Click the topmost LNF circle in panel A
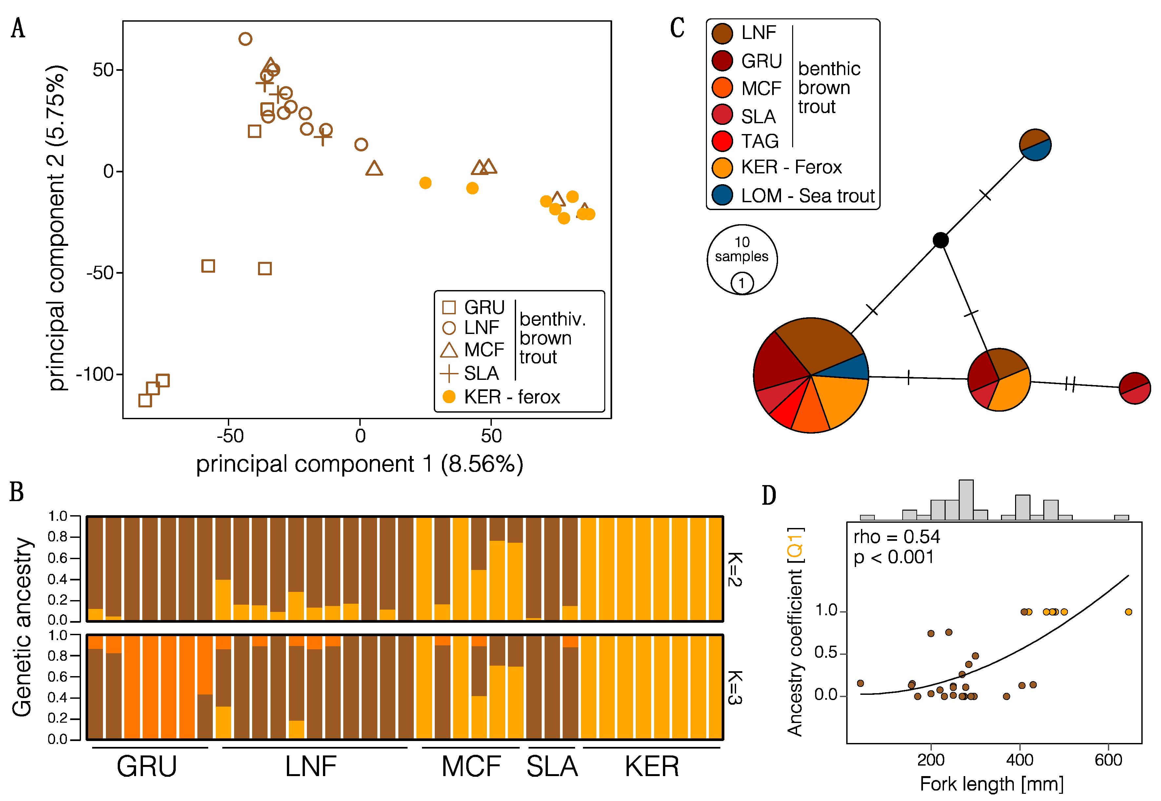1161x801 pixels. pyautogui.click(x=245, y=39)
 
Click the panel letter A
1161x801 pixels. pyautogui.click(x=18, y=28)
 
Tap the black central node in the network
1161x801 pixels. pyautogui.click(x=940, y=241)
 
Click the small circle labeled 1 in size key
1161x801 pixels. pyautogui.click(x=741, y=283)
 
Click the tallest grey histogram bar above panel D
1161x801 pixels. pyautogui.click(x=966, y=499)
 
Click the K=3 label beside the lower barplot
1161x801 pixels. pyautogui.click(x=734, y=688)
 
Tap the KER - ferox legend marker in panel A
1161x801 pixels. pyautogui.click(x=449, y=397)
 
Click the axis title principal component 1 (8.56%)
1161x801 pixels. pyautogui.click(x=359, y=464)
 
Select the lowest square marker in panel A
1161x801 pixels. pyautogui.click(x=145, y=400)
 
